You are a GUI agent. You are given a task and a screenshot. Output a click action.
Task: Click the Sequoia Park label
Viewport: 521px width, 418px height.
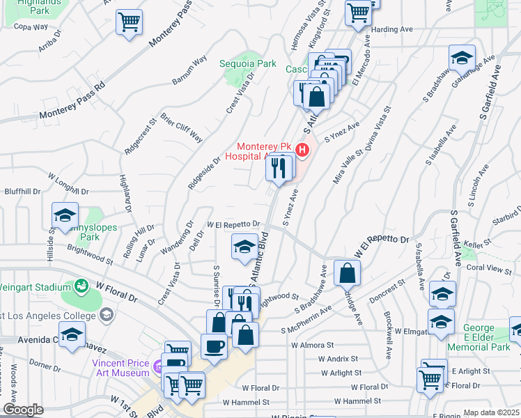coord(248,63)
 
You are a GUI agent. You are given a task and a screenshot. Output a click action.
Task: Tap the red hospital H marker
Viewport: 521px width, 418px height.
coord(302,149)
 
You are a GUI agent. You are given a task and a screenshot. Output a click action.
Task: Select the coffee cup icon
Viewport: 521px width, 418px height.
coord(214,345)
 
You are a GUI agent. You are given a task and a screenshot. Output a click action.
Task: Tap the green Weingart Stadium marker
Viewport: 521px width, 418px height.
coord(82,286)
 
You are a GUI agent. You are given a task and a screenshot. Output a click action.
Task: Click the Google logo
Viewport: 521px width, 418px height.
coord(22,410)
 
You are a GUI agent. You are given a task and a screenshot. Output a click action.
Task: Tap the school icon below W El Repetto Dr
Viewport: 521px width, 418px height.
coord(244,247)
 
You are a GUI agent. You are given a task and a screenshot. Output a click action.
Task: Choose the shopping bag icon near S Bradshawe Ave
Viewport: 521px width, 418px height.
coord(347,273)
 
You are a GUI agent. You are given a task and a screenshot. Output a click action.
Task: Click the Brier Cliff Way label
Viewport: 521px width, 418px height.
coord(182,127)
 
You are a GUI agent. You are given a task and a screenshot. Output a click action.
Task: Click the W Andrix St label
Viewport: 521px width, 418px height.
coord(338,359)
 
